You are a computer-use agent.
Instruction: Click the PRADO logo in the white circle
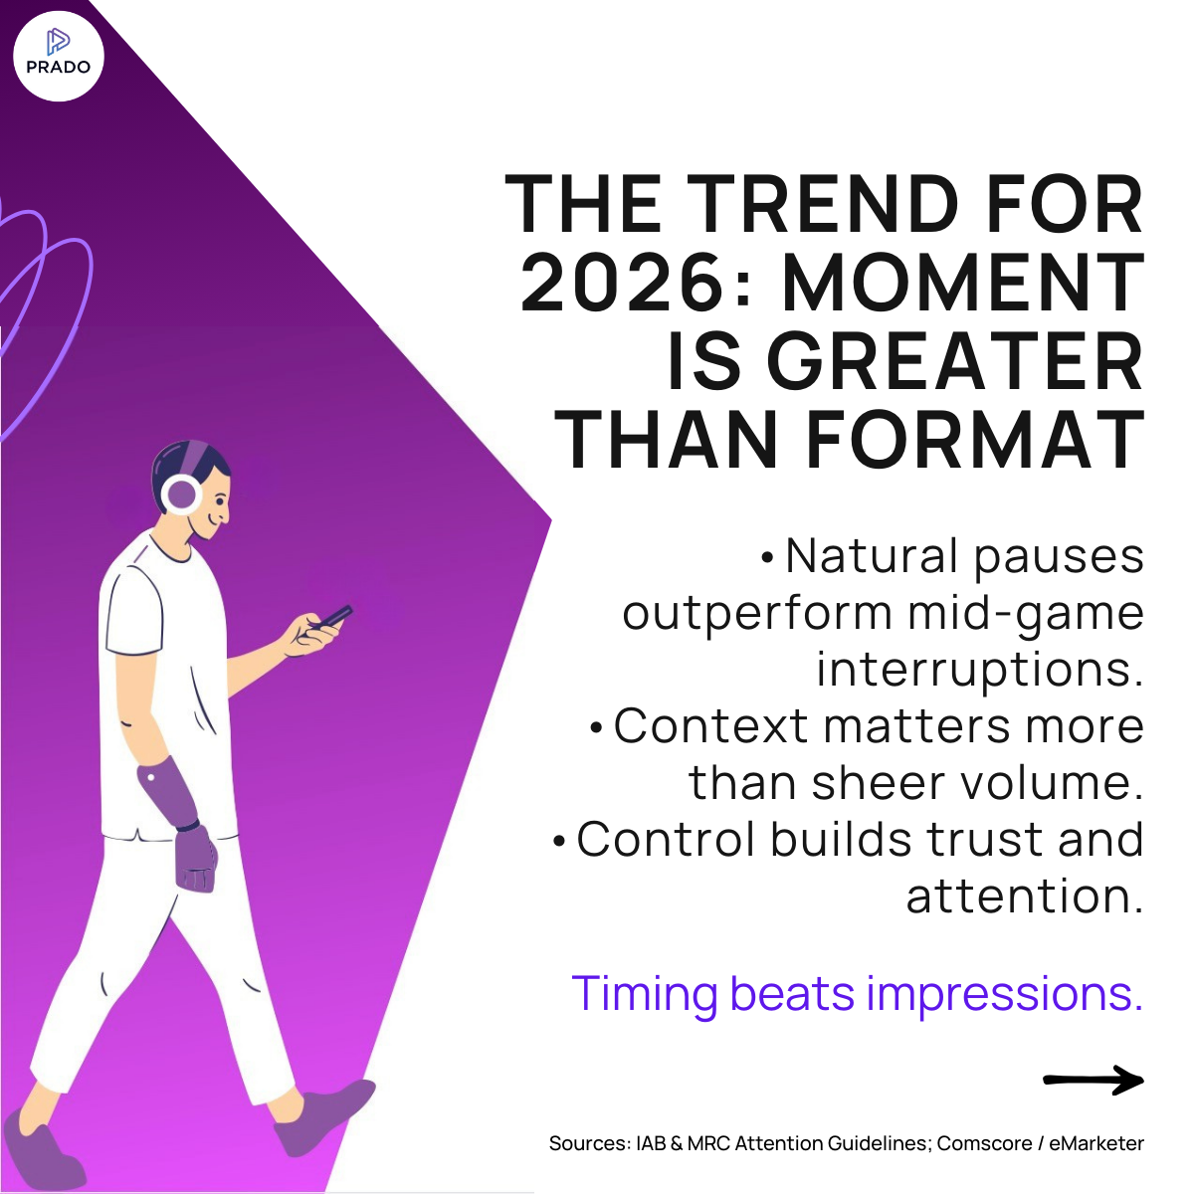59,55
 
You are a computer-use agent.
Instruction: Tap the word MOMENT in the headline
963,284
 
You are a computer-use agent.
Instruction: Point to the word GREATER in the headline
955,362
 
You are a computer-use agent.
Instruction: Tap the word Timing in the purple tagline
645,994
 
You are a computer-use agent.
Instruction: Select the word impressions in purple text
1005,994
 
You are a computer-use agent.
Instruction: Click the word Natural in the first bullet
872,556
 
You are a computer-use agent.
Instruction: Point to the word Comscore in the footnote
984,1143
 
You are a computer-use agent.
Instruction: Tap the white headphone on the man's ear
181,494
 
